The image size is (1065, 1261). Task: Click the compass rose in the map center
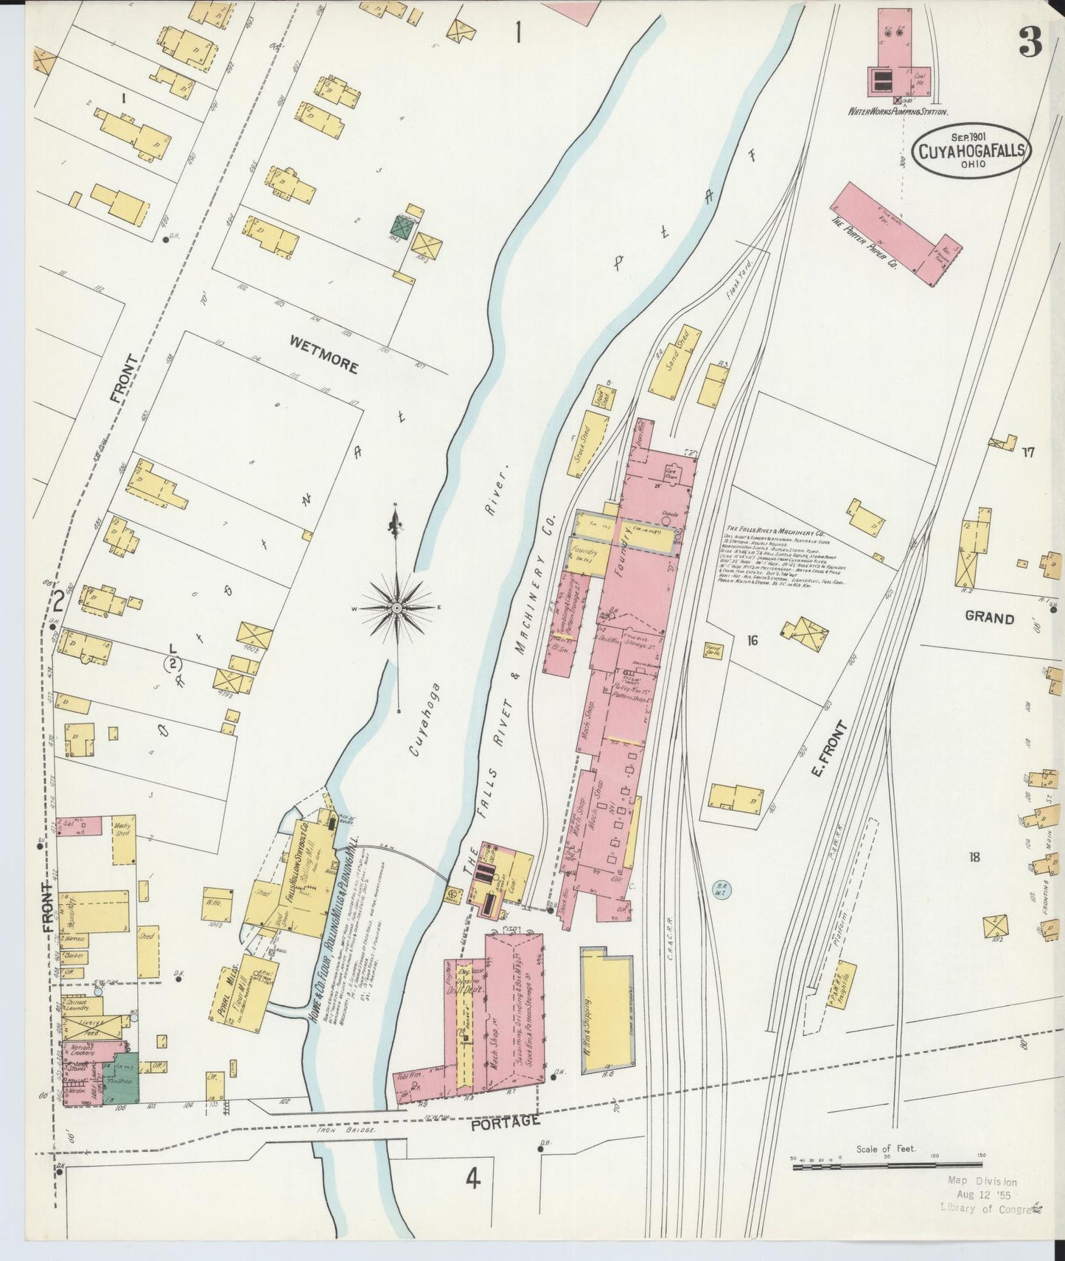[397, 607]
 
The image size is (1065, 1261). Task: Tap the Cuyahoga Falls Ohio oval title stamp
[971, 153]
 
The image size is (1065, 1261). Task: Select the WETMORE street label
[324, 355]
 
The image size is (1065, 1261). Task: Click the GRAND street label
[988, 618]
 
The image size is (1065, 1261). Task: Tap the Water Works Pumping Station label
[897, 112]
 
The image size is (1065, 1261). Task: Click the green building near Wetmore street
[401, 224]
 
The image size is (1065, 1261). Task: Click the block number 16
[751, 640]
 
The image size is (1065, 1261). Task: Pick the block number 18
[974, 856]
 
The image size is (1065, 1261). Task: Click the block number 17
[1027, 452]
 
